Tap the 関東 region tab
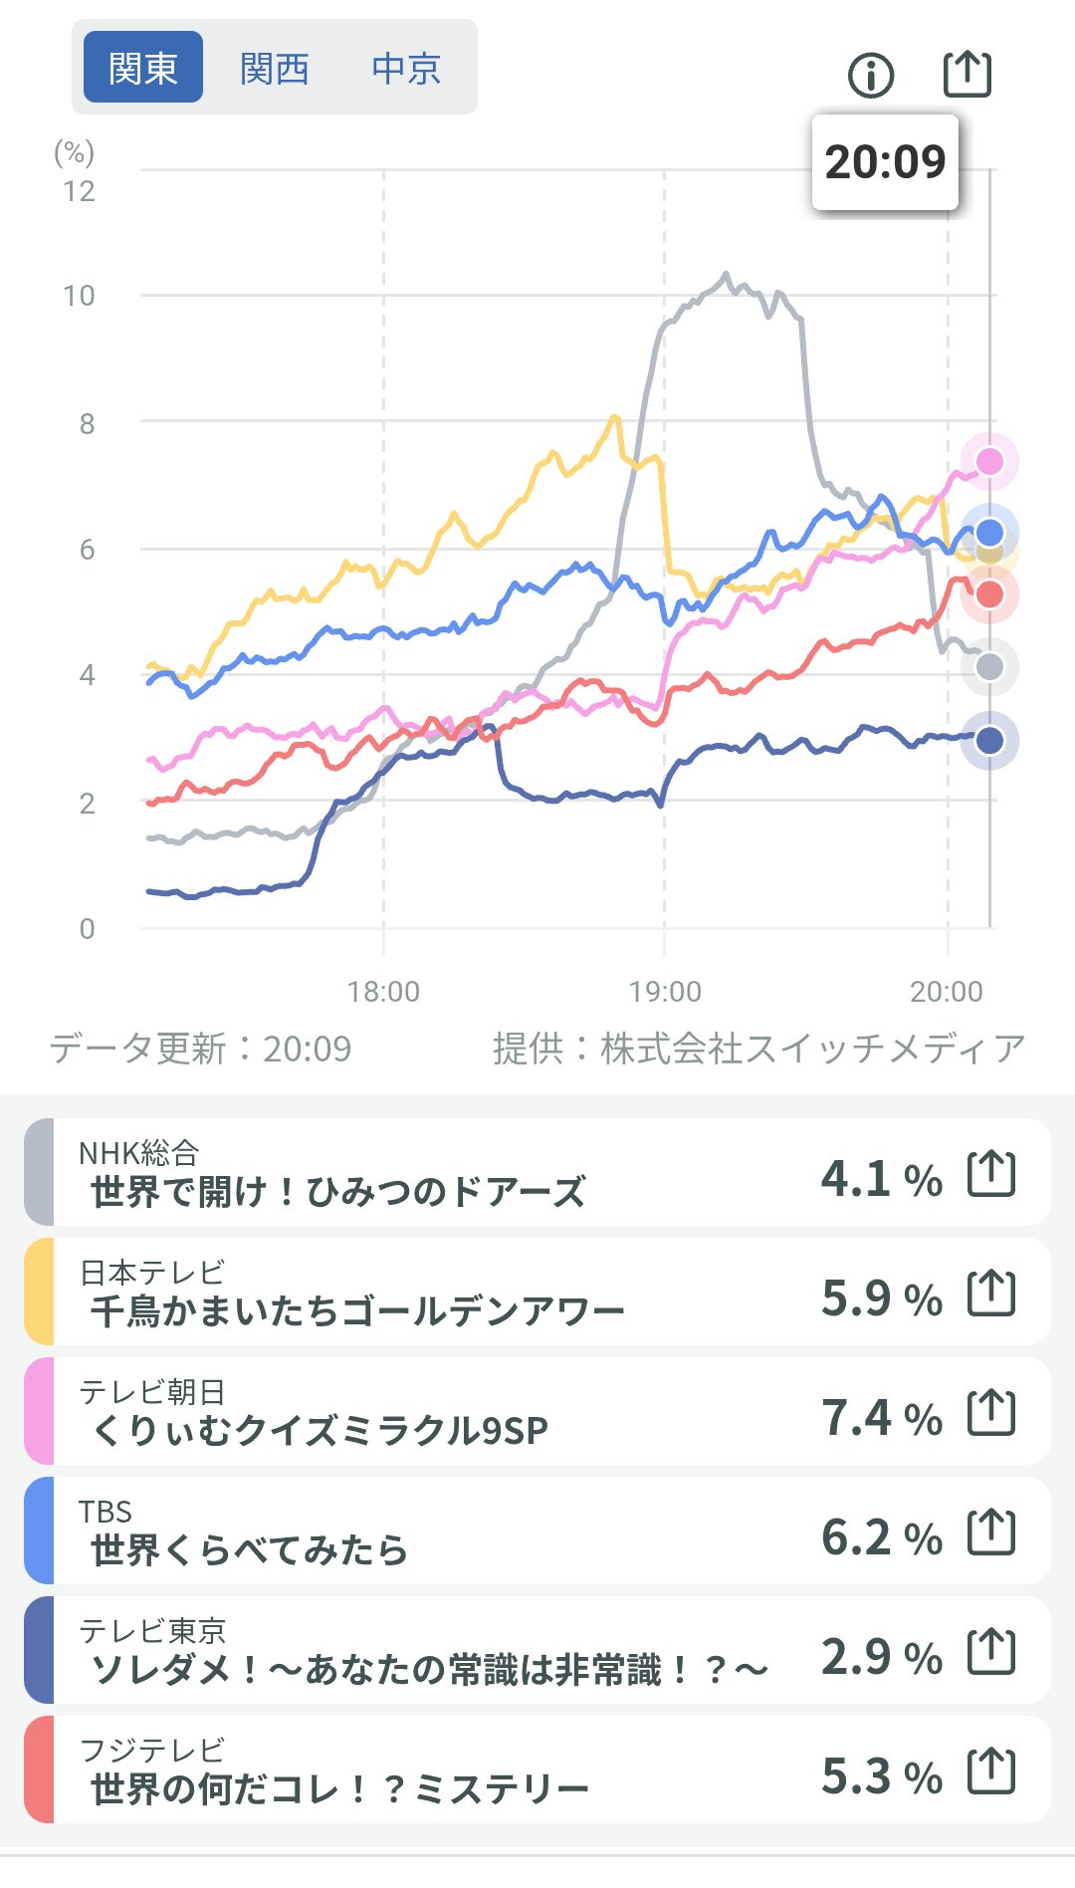[x=142, y=68]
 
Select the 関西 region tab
[x=275, y=69]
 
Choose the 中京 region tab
[x=405, y=69]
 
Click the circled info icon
[x=871, y=75]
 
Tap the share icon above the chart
[x=967, y=74]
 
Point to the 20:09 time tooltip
[x=885, y=162]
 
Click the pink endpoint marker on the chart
[x=989, y=461]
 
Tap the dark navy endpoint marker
[x=989, y=740]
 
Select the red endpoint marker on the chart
[x=989, y=594]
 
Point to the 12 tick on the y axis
[x=80, y=191]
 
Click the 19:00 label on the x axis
[x=665, y=992]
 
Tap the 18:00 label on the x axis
[x=383, y=992]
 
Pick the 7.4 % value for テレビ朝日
[x=881, y=1418]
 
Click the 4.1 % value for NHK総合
[x=881, y=1179]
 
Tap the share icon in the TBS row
[x=991, y=1532]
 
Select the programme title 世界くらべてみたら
[x=249, y=1550]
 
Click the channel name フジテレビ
[x=151, y=1750]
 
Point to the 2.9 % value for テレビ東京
[x=881, y=1657]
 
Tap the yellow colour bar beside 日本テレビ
[x=39, y=1292]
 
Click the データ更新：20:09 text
[x=200, y=1049]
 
